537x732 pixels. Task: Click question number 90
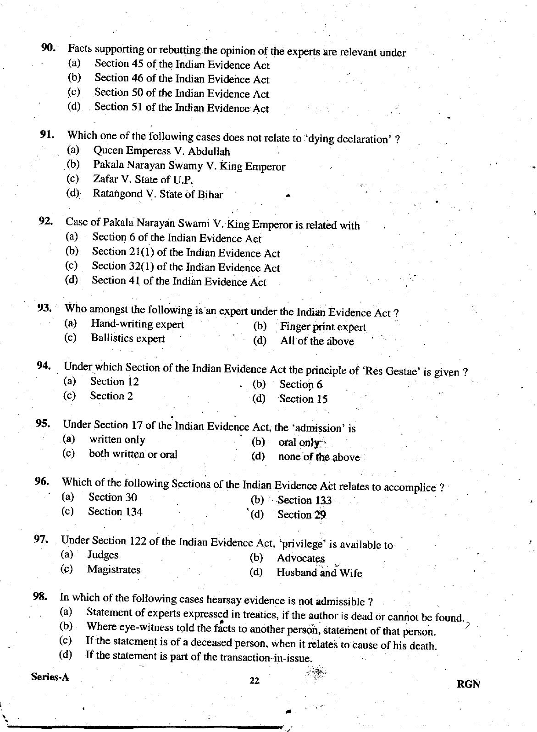click(x=48, y=48)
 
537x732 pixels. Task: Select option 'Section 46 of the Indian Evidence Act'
click(x=182, y=79)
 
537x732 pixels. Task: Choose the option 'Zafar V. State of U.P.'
click(x=143, y=180)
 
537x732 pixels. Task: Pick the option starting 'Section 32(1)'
click(x=185, y=267)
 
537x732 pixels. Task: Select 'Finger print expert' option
click(x=323, y=327)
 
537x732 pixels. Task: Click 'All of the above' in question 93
click(x=317, y=341)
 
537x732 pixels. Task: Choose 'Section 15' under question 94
click(x=303, y=399)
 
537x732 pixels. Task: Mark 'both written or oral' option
click(x=133, y=454)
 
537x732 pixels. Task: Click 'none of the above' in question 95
click(x=319, y=457)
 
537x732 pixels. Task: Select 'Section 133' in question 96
click(x=304, y=500)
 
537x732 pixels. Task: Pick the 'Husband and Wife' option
click(x=319, y=573)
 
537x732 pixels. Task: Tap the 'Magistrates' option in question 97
click(x=114, y=569)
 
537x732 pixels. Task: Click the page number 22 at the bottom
click(x=255, y=681)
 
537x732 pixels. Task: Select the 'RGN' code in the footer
click(x=468, y=684)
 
